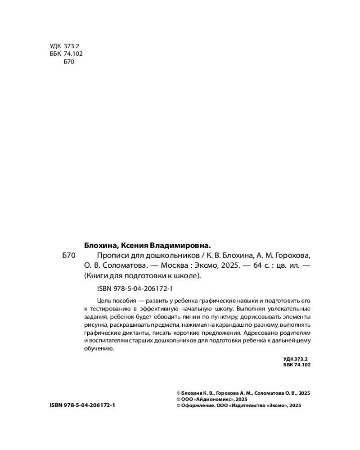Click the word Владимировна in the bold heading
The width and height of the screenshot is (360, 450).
coord(180,246)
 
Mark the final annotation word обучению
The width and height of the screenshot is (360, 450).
coord(99,349)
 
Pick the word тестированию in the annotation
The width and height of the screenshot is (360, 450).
coord(111,308)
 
